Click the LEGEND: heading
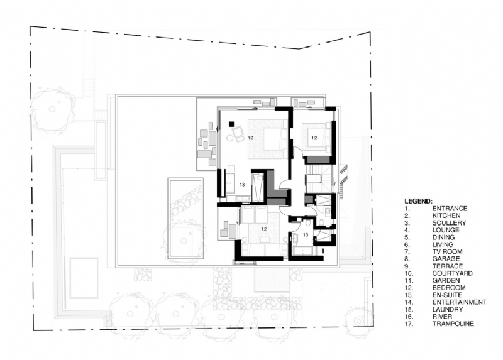(x=418, y=201)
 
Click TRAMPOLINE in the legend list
(x=453, y=324)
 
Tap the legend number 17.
(x=408, y=324)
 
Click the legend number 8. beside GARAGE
(x=407, y=259)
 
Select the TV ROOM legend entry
(x=447, y=251)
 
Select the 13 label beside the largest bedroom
(x=242, y=185)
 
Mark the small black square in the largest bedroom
(x=231, y=124)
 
